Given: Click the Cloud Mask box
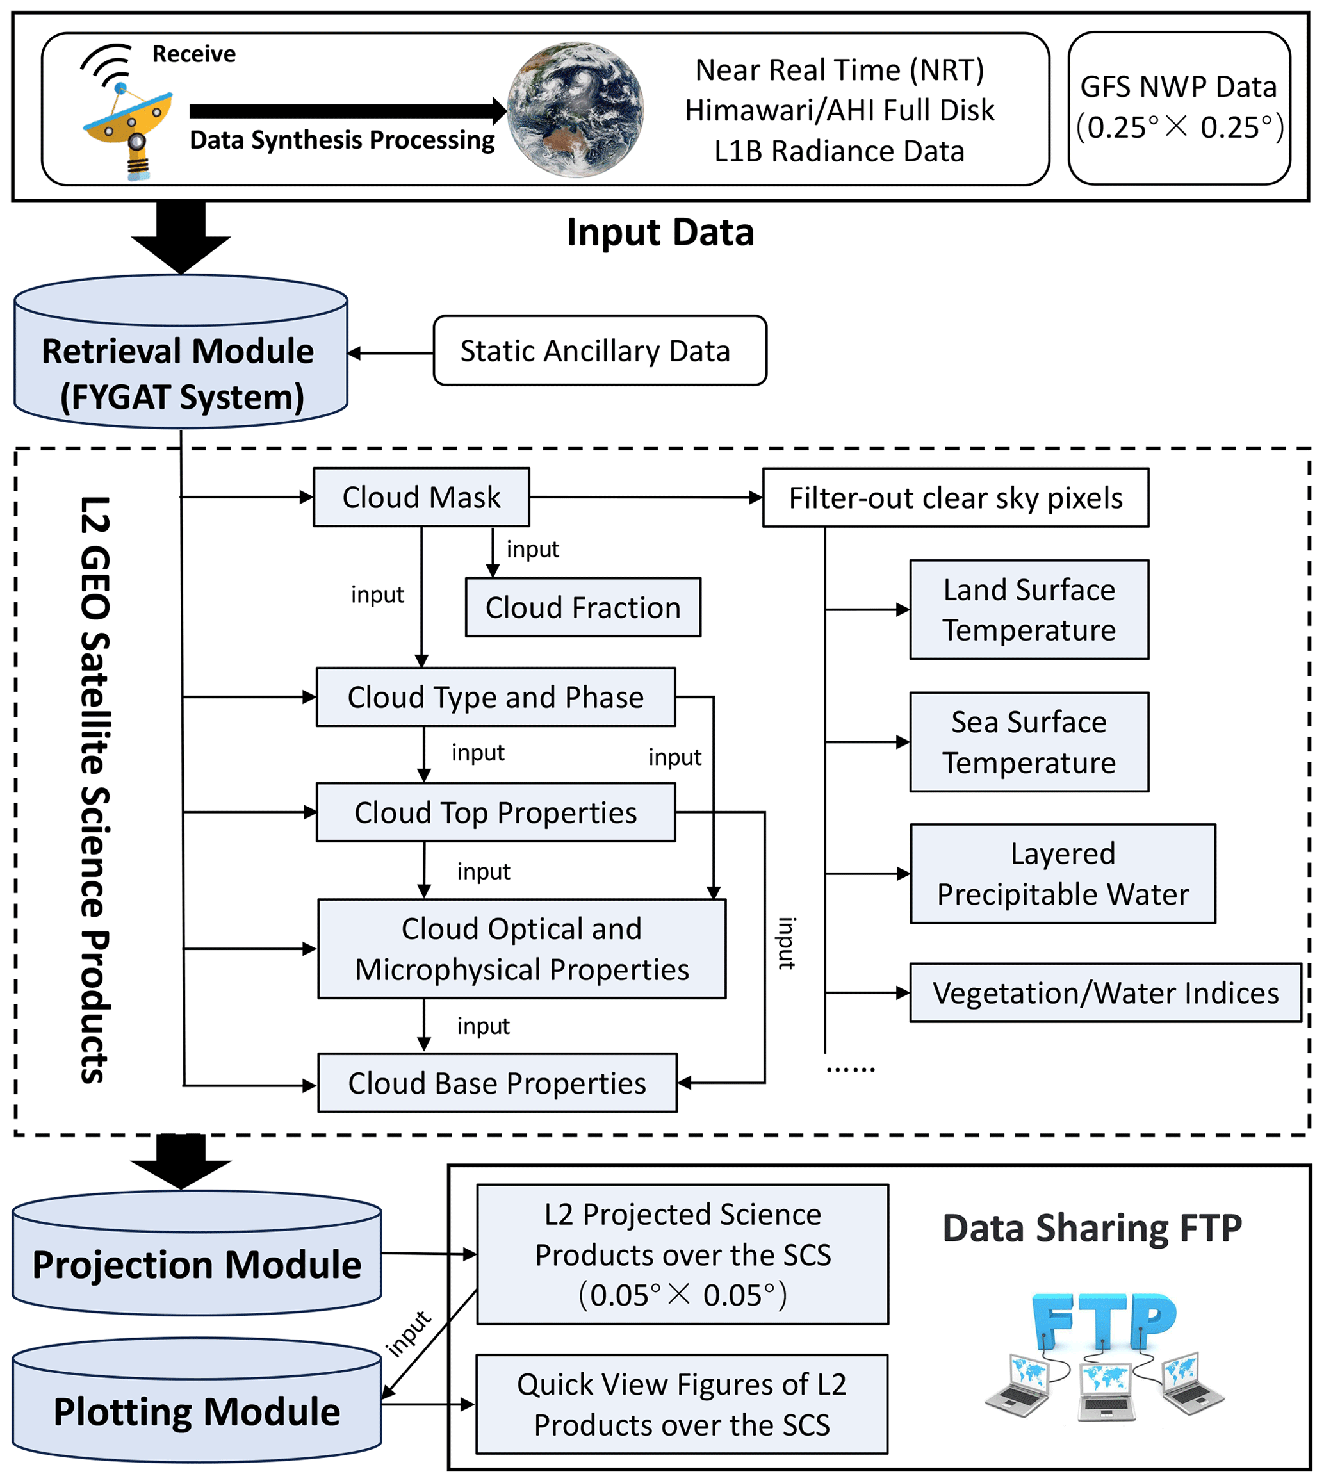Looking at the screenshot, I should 421,498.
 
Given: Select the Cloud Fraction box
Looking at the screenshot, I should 583,607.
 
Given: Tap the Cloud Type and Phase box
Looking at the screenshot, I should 495,697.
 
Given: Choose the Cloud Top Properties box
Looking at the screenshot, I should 495,813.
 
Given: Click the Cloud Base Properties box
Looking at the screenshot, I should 497,1083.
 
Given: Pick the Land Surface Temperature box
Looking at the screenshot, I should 1029,610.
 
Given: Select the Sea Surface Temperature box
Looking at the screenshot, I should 1029,742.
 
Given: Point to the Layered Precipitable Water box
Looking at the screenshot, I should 1062,874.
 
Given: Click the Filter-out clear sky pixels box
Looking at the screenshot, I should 955,498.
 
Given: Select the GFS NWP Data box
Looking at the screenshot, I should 1179,108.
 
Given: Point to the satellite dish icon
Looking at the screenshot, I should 127,120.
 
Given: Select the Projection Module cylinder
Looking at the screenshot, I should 197,1265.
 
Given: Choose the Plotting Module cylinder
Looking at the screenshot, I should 197,1411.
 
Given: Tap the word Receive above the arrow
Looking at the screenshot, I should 193,54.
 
